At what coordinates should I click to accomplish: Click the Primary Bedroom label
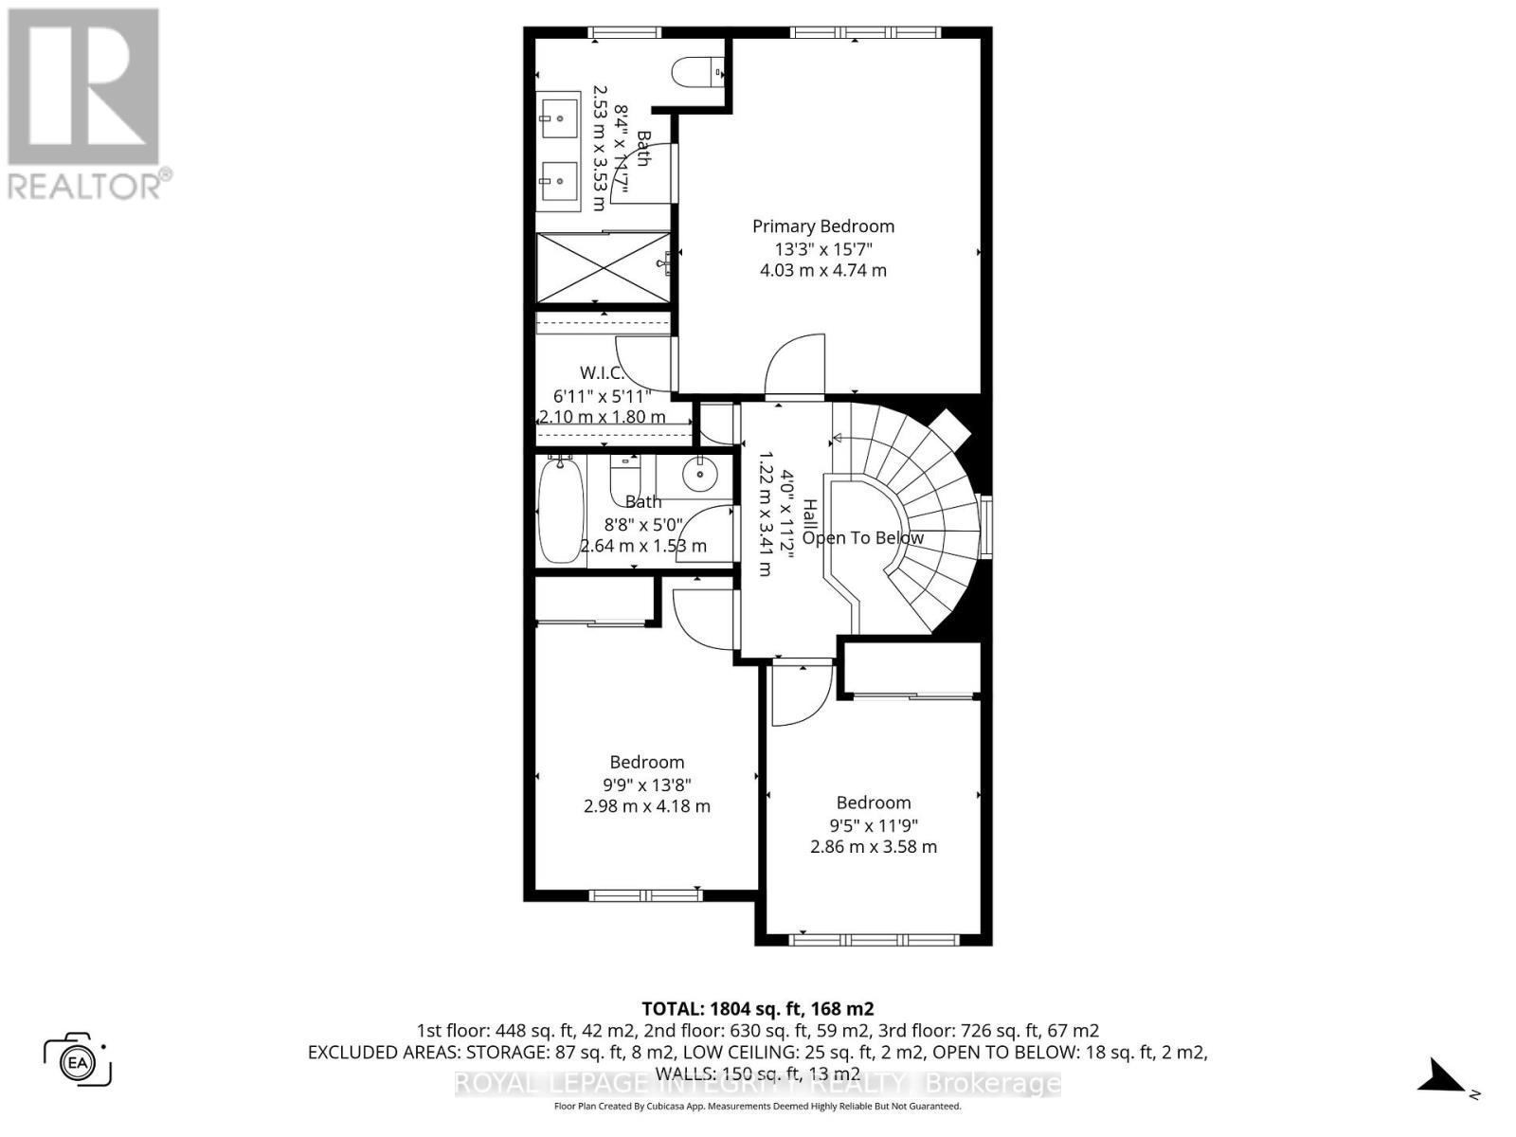coord(822,226)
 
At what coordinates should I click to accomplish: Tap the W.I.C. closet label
coord(602,373)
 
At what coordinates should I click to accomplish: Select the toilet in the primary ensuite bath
coord(696,72)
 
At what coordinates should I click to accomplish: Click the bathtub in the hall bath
coord(560,511)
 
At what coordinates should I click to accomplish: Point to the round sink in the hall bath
coord(699,471)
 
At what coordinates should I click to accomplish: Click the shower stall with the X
coord(604,268)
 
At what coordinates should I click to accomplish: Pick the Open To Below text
coord(862,538)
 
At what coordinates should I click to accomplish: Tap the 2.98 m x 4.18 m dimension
coord(646,806)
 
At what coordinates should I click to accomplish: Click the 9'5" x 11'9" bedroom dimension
coord(873,825)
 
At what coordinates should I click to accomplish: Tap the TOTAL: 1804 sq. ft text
coord(757,1009)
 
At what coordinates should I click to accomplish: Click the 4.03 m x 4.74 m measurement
coord(822,270)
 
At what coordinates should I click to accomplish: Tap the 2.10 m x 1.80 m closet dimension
coord(602,417)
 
